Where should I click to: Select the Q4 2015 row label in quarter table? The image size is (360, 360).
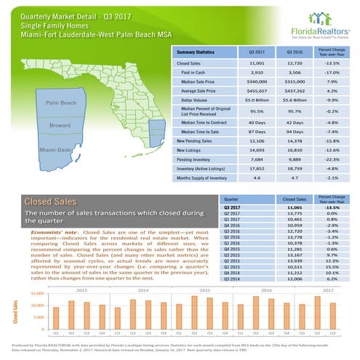pos(233,253)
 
